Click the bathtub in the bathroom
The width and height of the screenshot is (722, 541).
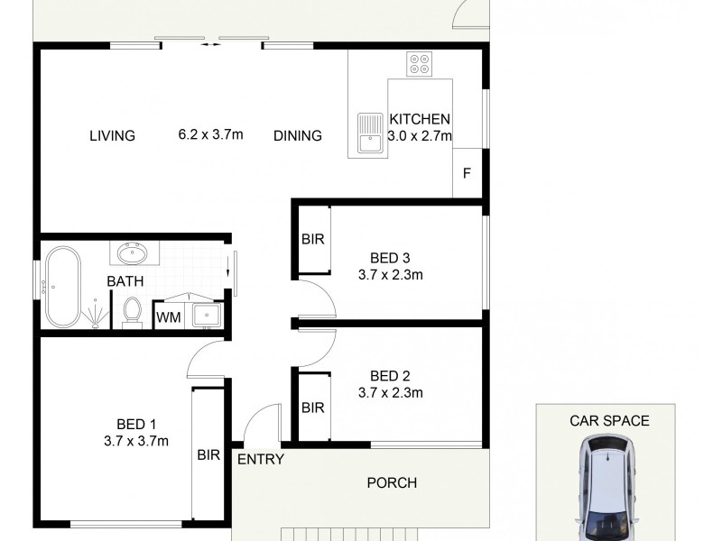[x=62, y=287]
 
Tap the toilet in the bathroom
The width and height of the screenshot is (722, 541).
[x=133, y=310]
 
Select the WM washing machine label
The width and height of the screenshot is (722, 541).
[x=167, y=317]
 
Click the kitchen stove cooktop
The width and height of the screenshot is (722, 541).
[x=420, y=63]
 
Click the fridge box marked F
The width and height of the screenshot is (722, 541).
[x=467, y=173]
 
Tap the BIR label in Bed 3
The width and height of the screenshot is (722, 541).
[x=312, y=240]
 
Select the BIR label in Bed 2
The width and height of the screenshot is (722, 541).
[x=312, y=408]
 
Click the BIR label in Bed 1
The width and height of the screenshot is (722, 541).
[x=208, y=455]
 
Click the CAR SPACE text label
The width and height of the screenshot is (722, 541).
[x=609, y=420]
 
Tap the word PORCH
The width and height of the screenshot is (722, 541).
[x=392, y=482]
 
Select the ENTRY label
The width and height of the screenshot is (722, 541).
[x=261, y=459]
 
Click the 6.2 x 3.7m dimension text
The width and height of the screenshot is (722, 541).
[x=211, y=135]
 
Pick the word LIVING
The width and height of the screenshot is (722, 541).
[x=112, y=136]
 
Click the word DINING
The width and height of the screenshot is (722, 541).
[x=298, y=136]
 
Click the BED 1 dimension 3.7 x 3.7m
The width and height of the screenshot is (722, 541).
[x=136, y=441]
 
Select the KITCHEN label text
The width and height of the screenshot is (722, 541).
[x=419, y=119]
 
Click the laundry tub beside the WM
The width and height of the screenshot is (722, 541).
[x=206, y=315]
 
